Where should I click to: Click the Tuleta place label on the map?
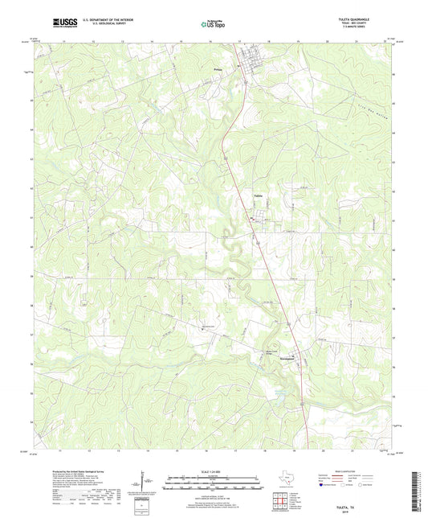pos(258,195)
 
